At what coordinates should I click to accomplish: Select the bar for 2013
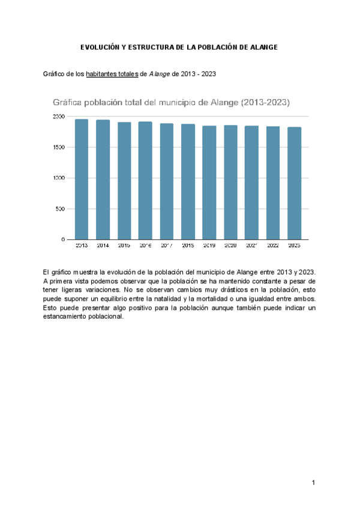click(x=82, y=179)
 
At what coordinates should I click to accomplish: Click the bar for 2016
click(x=145, y=181)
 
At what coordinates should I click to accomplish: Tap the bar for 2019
click(x=209, y=182)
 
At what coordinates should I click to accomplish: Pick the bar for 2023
click(x=294, y=183)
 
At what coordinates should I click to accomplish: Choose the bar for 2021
click(x=251, y=182)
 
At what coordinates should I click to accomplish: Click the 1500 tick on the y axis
click(x=58, y=147)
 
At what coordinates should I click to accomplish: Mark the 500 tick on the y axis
click(x=60, y=209)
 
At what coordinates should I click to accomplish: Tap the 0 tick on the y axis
click(x=63, y=239)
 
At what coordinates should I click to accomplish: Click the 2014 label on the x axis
click(x=103, y=245)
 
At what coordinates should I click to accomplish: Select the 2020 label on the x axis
click(x=230, y=245)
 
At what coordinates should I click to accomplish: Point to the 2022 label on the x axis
click(x=273, y=245)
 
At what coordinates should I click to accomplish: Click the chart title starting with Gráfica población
click(x=171, y=103)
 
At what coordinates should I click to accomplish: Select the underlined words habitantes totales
click(x=112, y=74)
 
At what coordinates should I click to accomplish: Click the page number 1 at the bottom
click(x=313, y=483)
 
